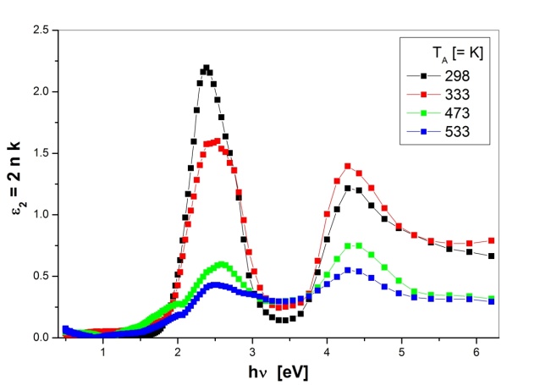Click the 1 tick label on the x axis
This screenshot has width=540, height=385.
103,351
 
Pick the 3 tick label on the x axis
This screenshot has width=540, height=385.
252,351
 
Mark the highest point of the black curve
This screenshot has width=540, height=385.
206,68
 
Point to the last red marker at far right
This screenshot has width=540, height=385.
492,240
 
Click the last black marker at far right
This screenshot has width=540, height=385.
492,256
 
